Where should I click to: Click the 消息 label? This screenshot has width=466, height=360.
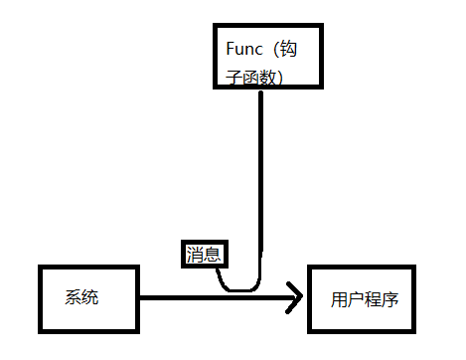pyautogui.click(x=206, y=256)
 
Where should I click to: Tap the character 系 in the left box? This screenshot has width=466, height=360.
pyautogui.click(x=75, y=297)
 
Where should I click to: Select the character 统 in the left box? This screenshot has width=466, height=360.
pyautogui.click(x=90, y=297)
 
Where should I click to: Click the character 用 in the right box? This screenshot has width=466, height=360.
pyautogui.click(x=340, y=298)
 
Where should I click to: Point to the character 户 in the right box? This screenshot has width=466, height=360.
pyautogui.click(x=357, y=298)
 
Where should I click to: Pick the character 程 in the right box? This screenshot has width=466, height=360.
pyautogui.click(x=374, y=298)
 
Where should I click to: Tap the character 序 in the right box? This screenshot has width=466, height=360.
pyautogui.click(x=390, y=298)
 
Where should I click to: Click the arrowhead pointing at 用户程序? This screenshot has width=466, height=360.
pyautogui.click(x=295, y=296)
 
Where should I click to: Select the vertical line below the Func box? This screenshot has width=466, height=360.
pyautogui.click(x=261, y=179)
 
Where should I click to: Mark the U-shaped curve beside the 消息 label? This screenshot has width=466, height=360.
pyautogui.click(x=238, y=287)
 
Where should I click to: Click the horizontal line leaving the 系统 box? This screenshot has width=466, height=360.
pyautogui.click(x=199, y=296)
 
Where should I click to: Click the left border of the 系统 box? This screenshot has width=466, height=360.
pyautogui.click(x=39, y=297)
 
